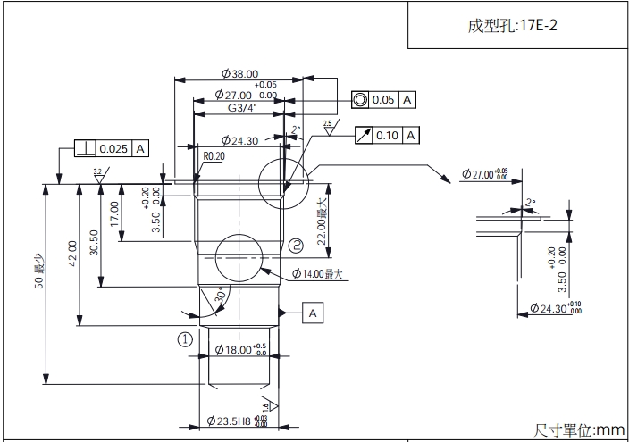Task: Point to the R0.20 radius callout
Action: coord(214,155)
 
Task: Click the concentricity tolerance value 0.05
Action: coord(383,100)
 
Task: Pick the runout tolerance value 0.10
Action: coord(387,135)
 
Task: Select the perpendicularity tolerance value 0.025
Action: coord(113,148)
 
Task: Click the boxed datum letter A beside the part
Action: coord(313,313)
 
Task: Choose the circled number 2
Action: coord(297,244)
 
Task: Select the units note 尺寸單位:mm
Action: coord(579,430)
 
